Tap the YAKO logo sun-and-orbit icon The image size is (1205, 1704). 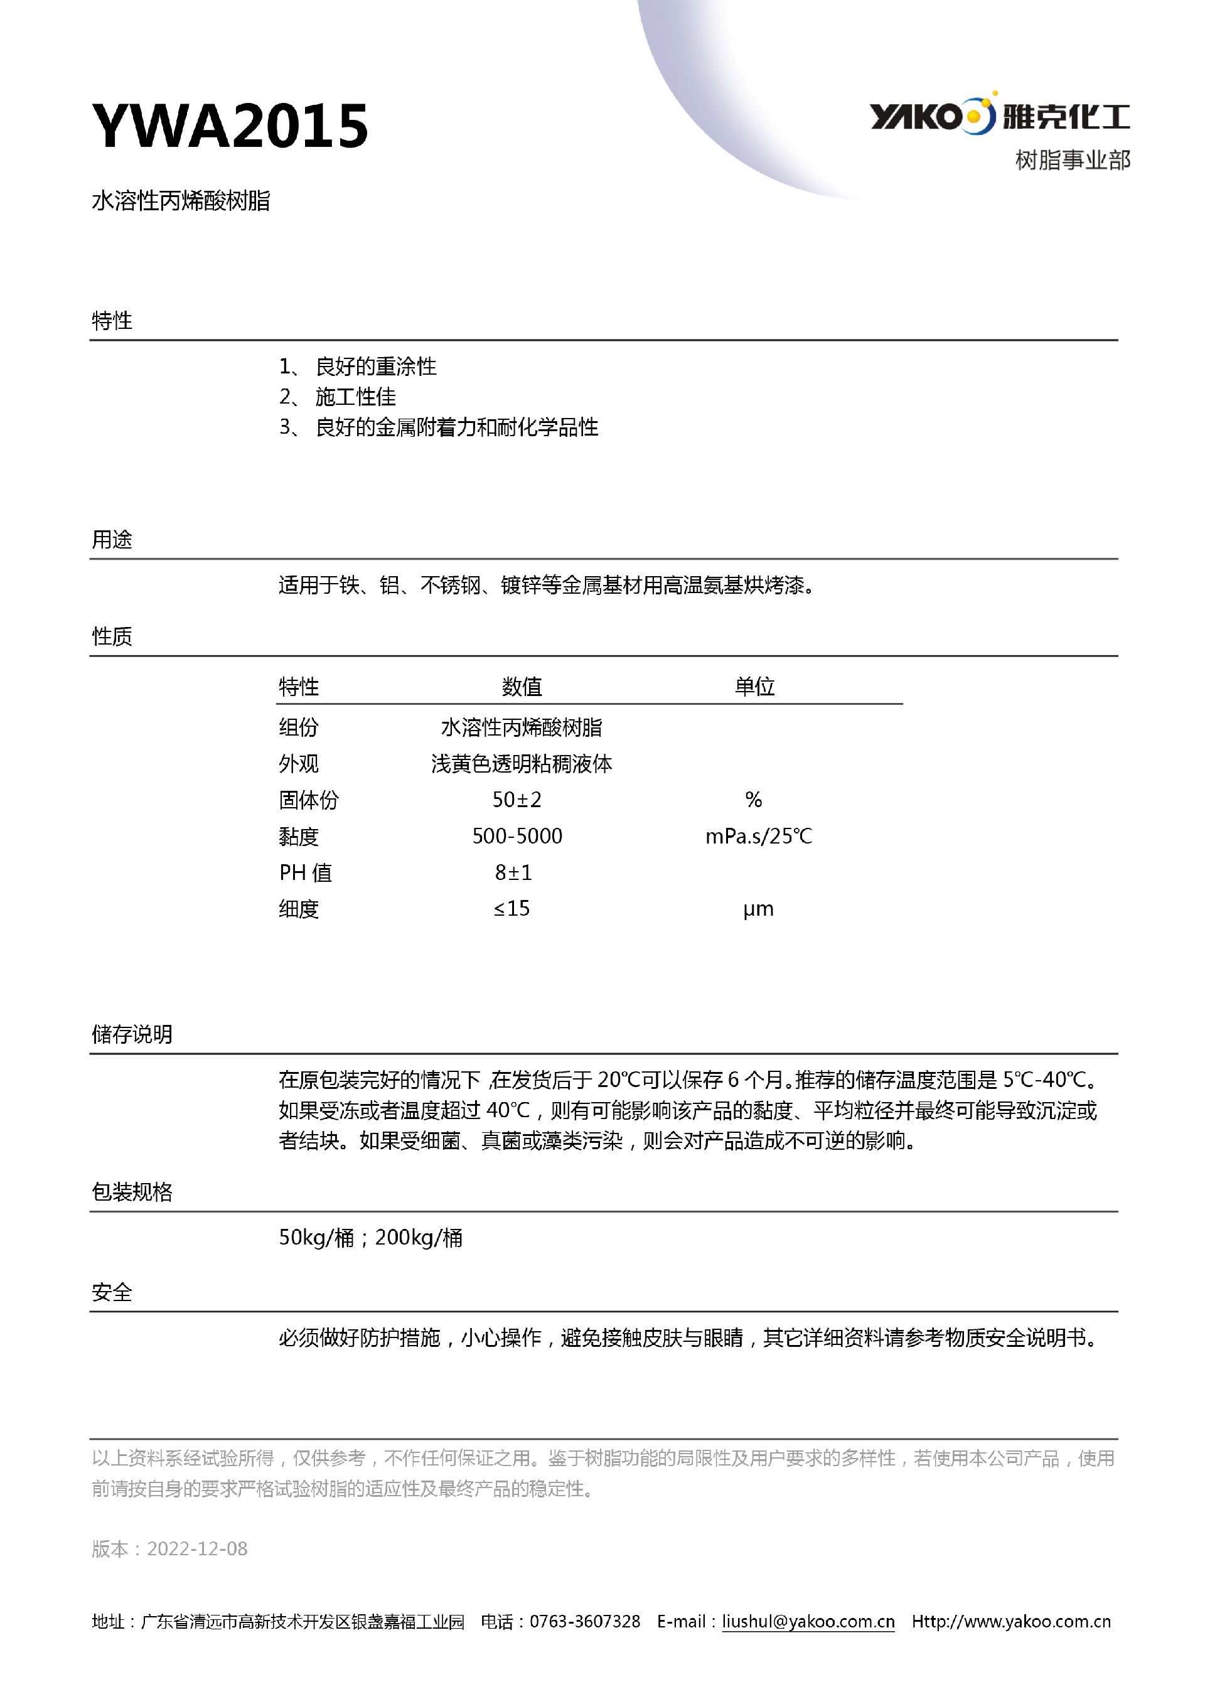point(980,115)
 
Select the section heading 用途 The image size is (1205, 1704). point(112,540)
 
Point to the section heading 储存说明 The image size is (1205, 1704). point(132,1034)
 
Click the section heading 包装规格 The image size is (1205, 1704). point(132,1192)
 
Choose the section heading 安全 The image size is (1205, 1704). point(112,1292)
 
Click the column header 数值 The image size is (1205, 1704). point(522,687)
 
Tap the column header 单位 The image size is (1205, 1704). point(754,687)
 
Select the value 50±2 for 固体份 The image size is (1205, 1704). point(517,800)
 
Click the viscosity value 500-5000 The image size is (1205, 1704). point(517,837)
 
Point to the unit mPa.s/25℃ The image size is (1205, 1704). point(758,837)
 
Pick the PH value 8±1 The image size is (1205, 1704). point(513,873)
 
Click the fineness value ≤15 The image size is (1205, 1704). point(512,908)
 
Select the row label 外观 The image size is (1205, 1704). point(298,764)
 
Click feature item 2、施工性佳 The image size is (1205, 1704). point(338,397)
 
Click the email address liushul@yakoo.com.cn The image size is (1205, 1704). point(808,1622)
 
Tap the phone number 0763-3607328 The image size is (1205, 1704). point(585,1622)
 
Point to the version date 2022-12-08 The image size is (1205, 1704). point(197,1549)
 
